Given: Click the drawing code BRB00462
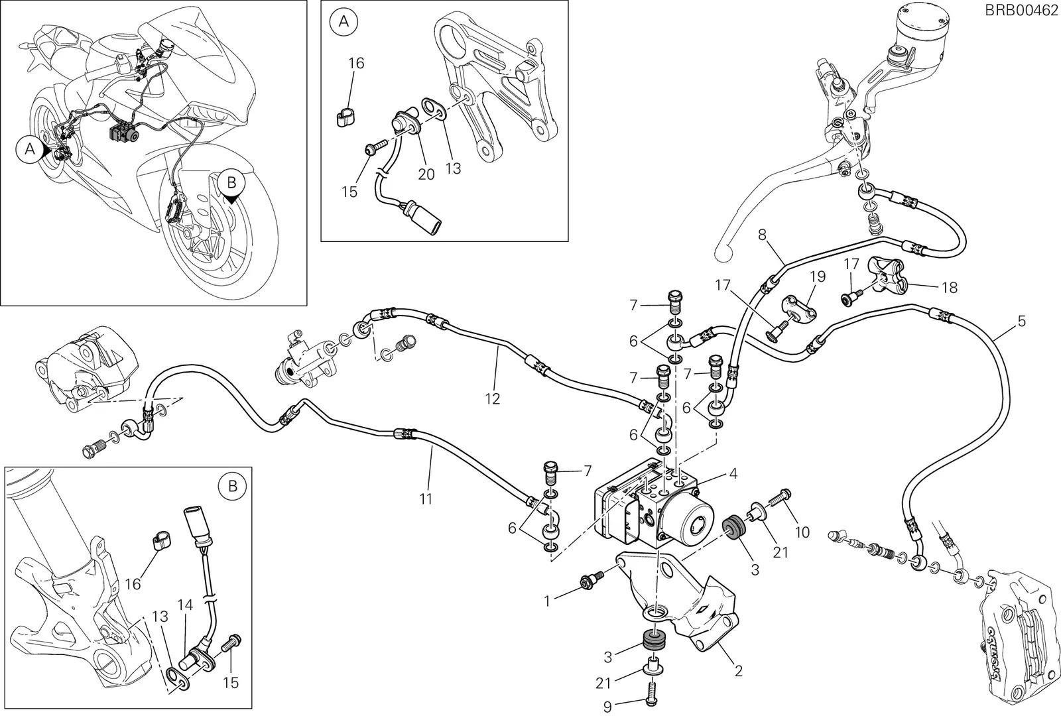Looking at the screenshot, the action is (1021, 11).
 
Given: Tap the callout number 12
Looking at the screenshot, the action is (493, 398).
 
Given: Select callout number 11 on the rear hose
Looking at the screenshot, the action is (425, 498).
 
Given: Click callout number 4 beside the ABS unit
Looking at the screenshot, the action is (733, 473).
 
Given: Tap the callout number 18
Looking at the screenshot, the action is (950, 288).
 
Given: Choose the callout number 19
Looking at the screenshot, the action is (818, 276).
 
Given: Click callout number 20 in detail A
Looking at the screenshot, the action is (426, 174).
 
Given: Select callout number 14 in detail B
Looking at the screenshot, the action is (186, 605).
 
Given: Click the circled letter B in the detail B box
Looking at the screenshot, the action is (233, 487).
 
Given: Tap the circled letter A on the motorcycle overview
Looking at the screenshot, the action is (30, 149).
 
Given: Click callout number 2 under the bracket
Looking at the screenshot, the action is (738, 670).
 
